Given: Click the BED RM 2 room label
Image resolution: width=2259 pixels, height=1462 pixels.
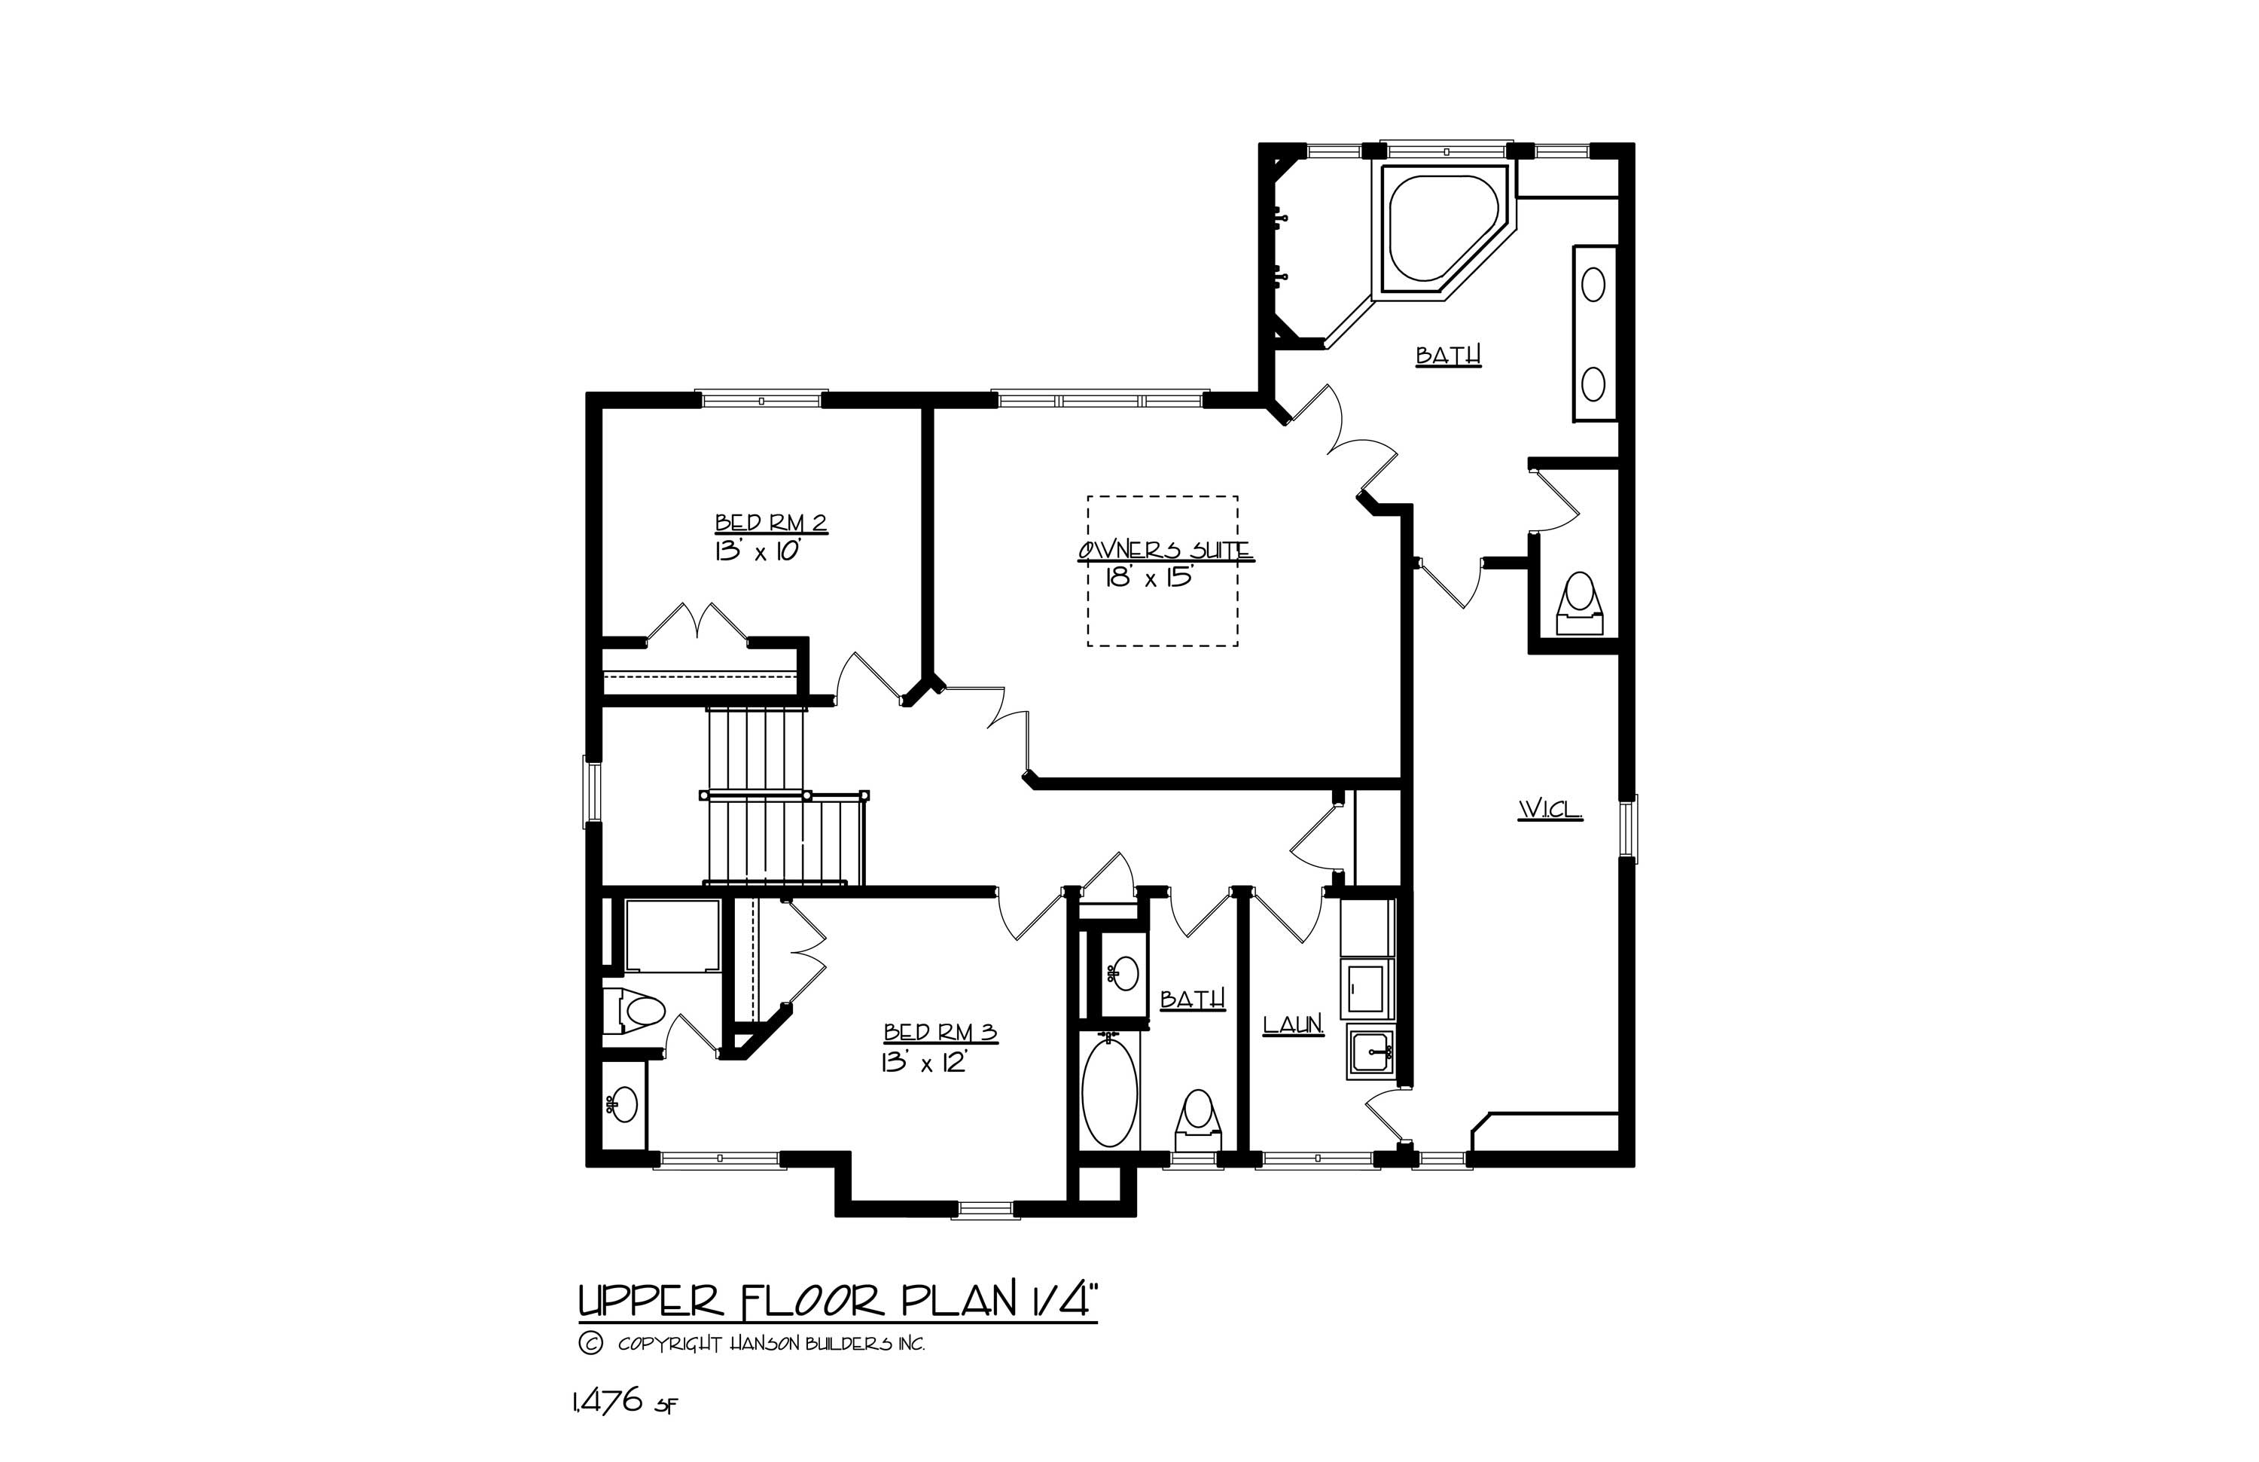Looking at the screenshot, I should click(x=771, y=522).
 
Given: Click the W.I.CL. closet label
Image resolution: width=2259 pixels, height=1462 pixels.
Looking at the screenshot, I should click(x=1550, y=810).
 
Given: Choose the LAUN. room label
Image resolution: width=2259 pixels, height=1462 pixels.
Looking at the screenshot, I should click(x=1293, y=1024).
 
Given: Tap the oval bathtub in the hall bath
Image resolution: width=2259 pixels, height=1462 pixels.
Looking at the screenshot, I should click(x=1108, y=1094).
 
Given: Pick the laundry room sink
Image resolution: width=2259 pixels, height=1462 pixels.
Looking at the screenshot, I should click(x=1370, y=1054).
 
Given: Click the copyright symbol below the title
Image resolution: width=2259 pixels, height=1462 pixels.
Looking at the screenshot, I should click(x=590, y=1343).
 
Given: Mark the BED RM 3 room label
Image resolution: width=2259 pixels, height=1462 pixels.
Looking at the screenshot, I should click(x=940, y=1032).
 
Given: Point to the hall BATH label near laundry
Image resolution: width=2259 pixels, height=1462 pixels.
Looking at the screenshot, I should click(x=1192, y=999).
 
